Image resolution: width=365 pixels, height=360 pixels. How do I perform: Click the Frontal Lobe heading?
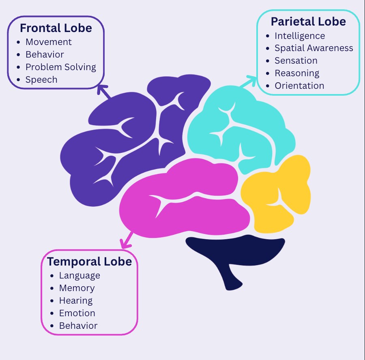click(56, 28)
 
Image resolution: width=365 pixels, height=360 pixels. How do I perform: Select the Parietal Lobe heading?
click(308, 21)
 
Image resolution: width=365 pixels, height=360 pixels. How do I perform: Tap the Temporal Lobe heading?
click(89, 261)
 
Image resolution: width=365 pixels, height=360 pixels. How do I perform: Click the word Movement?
click(48, 42)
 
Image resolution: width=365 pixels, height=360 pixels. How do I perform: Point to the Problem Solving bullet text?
click(61, 67)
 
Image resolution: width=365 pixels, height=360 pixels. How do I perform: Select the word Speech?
click(41, 79)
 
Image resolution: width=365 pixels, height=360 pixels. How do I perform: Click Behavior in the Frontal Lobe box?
click(45, 54)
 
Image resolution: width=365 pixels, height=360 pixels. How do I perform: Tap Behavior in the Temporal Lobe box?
click(78, 326)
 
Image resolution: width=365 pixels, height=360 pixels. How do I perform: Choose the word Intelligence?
click(300, 36)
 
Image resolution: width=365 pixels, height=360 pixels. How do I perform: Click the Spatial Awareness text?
click(314, 48)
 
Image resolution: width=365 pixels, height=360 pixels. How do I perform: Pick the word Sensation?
click(296, 60)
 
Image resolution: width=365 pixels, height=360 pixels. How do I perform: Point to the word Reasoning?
click(297, 73)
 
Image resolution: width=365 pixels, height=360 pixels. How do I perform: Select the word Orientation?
click(299, 86)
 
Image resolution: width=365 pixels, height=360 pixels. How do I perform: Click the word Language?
click(79, 276)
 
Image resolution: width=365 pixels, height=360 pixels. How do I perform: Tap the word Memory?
click(77, 288)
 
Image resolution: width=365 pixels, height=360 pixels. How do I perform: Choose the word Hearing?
click(76, 301)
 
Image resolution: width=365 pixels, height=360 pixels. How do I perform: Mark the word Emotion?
click(77, 313)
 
